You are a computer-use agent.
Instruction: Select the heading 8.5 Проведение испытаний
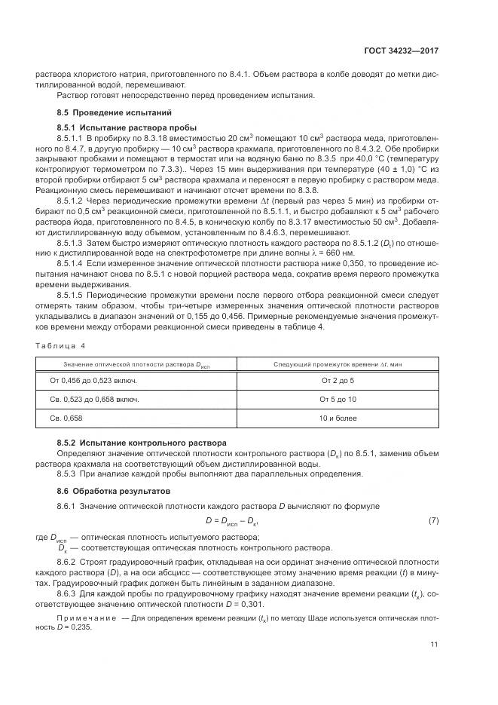(98, 112)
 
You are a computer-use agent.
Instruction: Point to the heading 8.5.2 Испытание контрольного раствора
(129, 442)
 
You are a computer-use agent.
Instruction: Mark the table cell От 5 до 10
(337, 399)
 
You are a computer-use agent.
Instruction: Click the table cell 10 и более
(337, 418)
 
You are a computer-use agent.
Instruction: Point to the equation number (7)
(433, 521)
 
